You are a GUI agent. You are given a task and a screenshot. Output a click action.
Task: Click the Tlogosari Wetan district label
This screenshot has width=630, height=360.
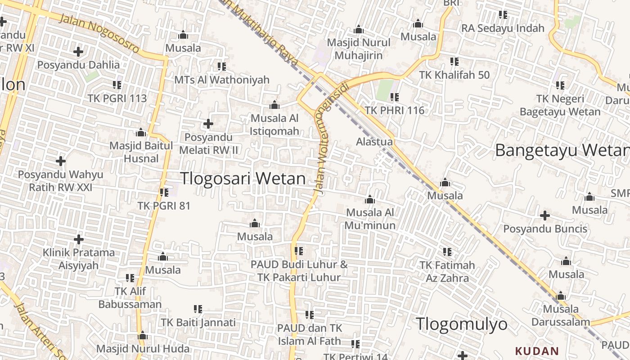pyautogui.click(x=243, y=179)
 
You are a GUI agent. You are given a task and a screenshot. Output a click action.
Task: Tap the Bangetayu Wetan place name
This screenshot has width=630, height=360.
pyautogui.click(x=562, y=150)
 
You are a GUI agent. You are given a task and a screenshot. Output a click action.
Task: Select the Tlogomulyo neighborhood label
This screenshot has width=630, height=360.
pyautogui.click(x=461, y=324)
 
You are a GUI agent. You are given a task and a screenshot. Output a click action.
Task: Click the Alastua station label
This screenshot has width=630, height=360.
pyautogui.click(x=374, y=142)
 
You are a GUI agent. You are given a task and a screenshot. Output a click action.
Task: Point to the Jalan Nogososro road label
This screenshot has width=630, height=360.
pyautogui.click(x=99, y=34)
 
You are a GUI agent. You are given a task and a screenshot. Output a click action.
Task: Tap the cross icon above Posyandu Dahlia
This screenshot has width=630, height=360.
pyautogui.click(x=78, y=51)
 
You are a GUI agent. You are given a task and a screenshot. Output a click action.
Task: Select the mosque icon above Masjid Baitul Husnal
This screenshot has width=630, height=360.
pyautogui.click(x=141, y=133)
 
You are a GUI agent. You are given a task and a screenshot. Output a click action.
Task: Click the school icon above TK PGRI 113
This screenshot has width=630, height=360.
pyautogui.click(x=117, y=85)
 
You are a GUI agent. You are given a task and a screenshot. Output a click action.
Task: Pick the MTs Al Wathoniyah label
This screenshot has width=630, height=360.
pyautogui.click(x=222, y=80)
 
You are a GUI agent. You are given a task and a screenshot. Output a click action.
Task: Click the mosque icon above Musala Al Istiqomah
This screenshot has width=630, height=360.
pyautogui.click(x=274, y=105)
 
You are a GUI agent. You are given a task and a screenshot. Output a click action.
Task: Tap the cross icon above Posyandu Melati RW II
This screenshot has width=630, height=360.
pyautogui.click(x=208, y=123)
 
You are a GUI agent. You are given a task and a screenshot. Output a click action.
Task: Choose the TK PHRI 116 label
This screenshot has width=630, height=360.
pyautogui.click(x=395, y=110)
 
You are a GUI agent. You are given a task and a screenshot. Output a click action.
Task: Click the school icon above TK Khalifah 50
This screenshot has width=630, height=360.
pyautogui.click(x=454, y=61)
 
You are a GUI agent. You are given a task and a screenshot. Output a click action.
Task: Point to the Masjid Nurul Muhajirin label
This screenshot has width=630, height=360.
pyautogui.click(x=359, y=49)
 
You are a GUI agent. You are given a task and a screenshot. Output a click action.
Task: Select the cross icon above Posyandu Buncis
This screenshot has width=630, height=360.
pyautogui.click(x=545, y=216)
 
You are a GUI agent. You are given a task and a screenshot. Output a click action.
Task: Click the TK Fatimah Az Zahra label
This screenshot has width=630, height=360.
pyautogui.click(x=447, y=271)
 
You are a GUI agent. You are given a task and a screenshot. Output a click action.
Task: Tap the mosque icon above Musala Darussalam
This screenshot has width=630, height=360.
pyautogui.click(x=560, y=296)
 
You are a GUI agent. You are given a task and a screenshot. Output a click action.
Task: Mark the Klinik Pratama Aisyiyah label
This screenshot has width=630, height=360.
pyautogui.click(x=79, y=259)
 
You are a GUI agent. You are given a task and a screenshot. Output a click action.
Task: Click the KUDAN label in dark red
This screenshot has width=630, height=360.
pyautogui.click(x=537, y=351)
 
